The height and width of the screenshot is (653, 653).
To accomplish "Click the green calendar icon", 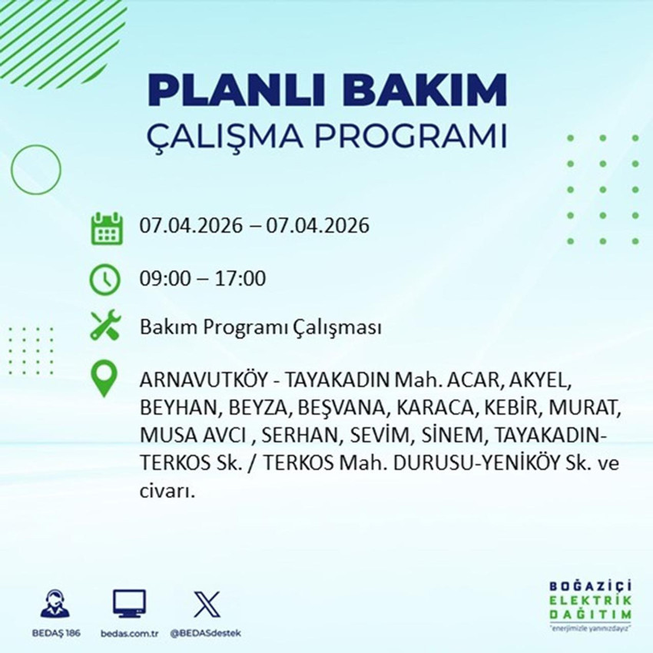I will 107,228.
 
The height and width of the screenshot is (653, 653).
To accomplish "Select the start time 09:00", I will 164,278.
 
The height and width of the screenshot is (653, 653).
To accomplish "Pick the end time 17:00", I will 240,278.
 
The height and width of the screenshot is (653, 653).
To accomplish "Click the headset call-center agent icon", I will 54,604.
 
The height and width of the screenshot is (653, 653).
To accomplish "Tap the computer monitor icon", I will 129,604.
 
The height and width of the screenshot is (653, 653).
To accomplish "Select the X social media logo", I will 205,604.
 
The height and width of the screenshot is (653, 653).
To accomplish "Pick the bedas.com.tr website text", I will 129,633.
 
